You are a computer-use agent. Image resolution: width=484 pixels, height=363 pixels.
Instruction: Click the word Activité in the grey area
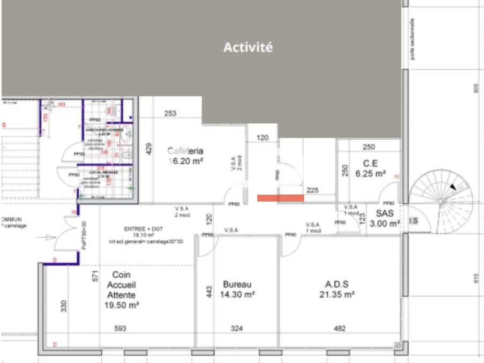click(x=248, y=47)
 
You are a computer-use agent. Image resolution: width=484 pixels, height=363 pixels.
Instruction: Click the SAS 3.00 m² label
click(x=384, y=218)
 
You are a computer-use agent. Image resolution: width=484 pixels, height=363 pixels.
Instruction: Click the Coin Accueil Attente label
click(x=122, y=290)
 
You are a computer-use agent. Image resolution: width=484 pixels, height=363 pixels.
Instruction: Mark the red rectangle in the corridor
click(x=280, y=198)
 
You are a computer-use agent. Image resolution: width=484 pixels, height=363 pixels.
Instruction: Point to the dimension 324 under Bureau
click(x=236, y=328)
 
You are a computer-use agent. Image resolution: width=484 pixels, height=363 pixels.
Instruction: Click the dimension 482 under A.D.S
click(x=339, y=328)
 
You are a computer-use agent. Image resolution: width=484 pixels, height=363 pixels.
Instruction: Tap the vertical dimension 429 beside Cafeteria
click(x=149, y=149)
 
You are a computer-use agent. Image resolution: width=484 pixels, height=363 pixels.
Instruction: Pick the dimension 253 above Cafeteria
click(x=170, y=113)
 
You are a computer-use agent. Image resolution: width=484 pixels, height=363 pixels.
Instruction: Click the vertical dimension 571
click(x=95, y=276)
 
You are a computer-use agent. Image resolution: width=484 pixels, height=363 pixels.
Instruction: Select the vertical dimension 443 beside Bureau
click(x=210, y=291)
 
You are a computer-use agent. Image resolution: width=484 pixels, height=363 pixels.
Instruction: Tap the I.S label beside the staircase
click(x=414, y=221)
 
